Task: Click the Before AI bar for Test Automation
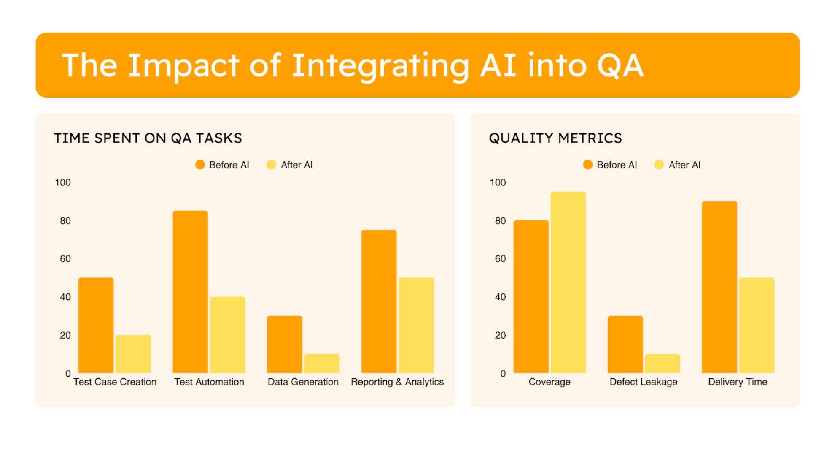point(190,291)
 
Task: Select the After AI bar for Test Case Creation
point(133,354)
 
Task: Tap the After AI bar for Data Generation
point(322,363)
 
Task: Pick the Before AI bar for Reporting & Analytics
point(379,301)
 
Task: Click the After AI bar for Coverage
point(568,282)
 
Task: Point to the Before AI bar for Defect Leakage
point(625,344)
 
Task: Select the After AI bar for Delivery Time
point(757,325)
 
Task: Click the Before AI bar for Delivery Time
point(719,287)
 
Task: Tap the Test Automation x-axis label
point(209,382)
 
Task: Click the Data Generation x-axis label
point(303,382)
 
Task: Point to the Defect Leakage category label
point(643,382)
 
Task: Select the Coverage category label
point(549,382)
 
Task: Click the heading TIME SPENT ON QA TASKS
point(148,138)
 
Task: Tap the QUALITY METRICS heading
point(555,138)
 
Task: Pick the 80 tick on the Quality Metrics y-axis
point(500,221)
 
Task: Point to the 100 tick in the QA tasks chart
point(63,182)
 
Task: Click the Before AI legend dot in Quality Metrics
point(588,165)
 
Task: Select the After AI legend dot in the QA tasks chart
point(271,165)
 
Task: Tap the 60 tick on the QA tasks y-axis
point(65,259)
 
